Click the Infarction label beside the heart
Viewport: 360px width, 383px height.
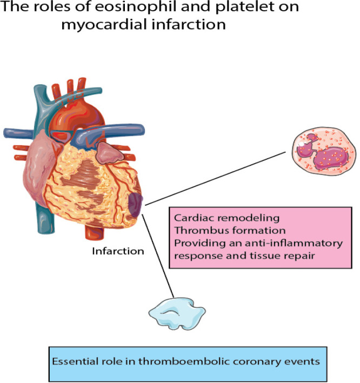118,251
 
